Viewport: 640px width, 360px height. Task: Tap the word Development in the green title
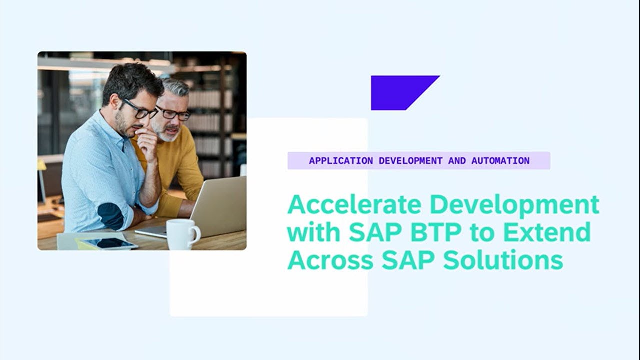[514, 205]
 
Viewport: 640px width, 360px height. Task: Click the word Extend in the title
[547, 233]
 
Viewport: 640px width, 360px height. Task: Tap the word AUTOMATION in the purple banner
[500, 161]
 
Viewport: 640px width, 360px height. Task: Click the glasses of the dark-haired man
[139, 109]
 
